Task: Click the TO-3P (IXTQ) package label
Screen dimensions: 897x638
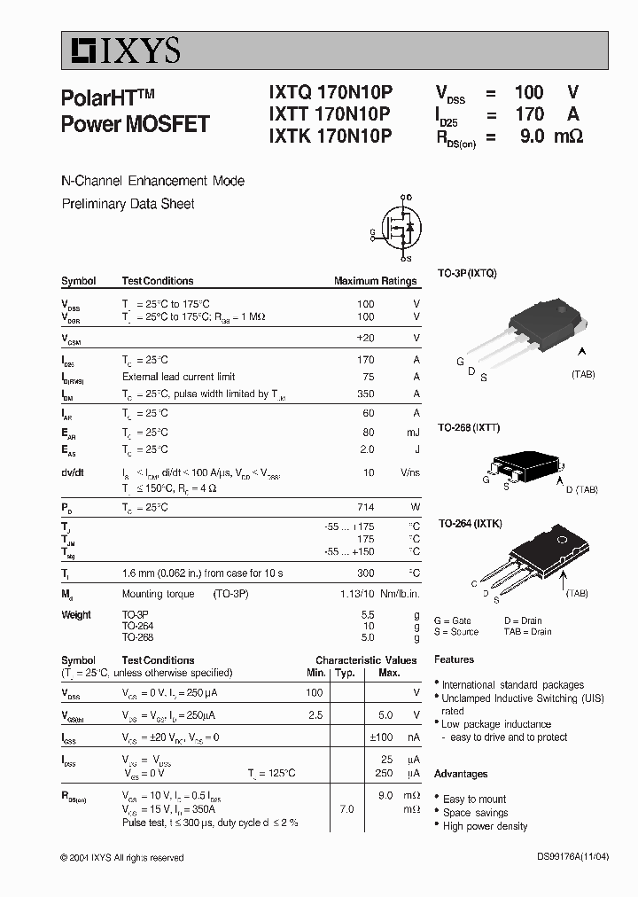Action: [x=467, y=273]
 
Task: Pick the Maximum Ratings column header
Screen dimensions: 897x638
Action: [x=375, y=281]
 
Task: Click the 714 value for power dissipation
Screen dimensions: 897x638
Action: [x=365, y=507]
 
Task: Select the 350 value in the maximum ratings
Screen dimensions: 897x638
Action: [x=365, y=394]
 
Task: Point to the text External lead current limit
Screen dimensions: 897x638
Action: [x=178, y=377]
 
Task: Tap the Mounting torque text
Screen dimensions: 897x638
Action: [x=153, y=594]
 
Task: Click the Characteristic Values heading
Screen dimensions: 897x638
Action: [x=366, y=660]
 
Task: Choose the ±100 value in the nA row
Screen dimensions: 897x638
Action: [x=382, y=737]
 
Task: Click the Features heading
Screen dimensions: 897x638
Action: [x=454, y=659]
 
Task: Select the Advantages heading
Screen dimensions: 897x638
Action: [x=461, y=774]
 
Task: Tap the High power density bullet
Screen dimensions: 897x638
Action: [x=485, y=826]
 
